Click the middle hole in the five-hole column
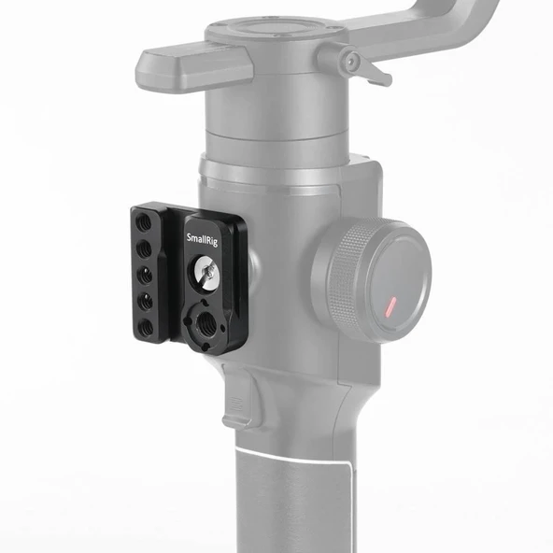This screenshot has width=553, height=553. [x=149, y=276]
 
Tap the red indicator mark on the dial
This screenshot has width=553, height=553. [x=389, y=305]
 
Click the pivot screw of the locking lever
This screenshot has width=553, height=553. [x=350, y=62]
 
